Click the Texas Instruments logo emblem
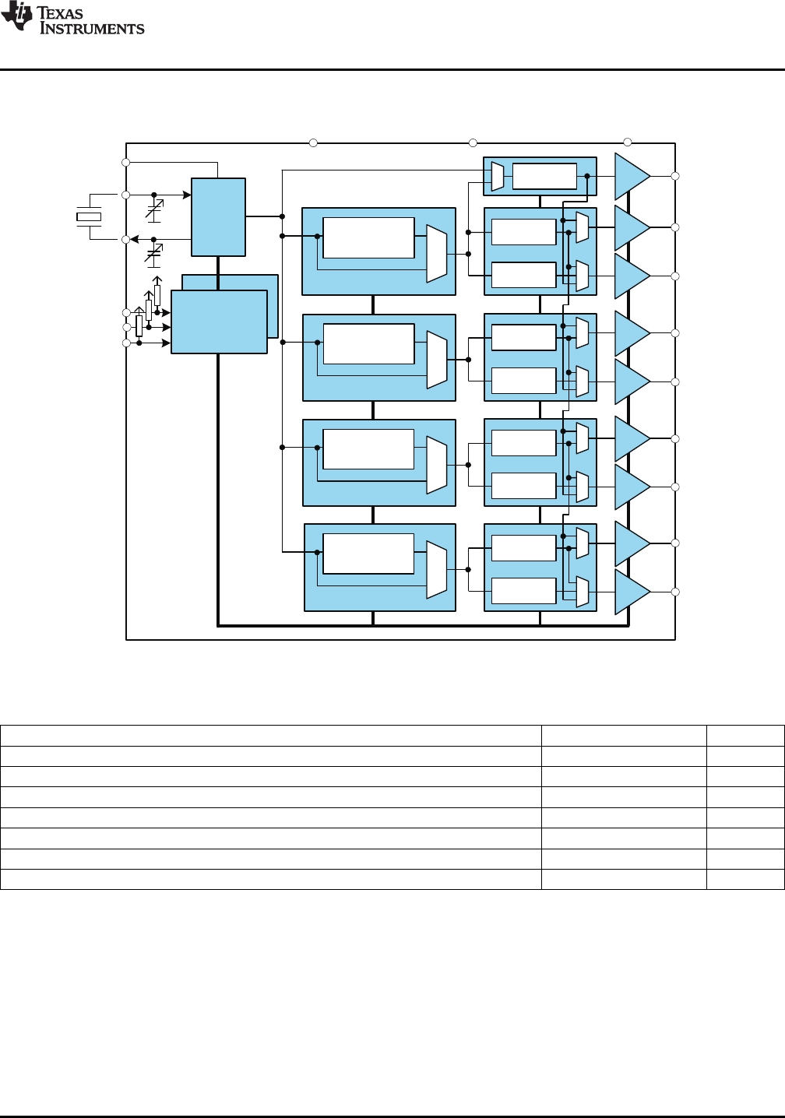click(16, 16)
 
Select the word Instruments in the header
click(92, 28)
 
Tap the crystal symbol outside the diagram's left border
click(89, 216)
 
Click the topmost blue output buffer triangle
click(632, 176)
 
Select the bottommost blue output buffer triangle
click(632, 592)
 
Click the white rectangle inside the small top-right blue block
click(544, 176)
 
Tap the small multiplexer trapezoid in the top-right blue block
click(498, 176)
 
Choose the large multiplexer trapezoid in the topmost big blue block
click(436, 254)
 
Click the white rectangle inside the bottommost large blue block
click(368, 554)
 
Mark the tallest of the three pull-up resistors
click(157, 295)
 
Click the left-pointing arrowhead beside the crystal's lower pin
click(135, 240)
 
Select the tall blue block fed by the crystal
click(218, 217)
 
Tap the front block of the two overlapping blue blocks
click(219, 322)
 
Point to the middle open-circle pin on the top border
click(473, 143)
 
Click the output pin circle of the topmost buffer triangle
click(675, 176)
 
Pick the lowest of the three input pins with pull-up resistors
click(126, 343)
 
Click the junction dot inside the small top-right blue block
click(587, 176)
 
